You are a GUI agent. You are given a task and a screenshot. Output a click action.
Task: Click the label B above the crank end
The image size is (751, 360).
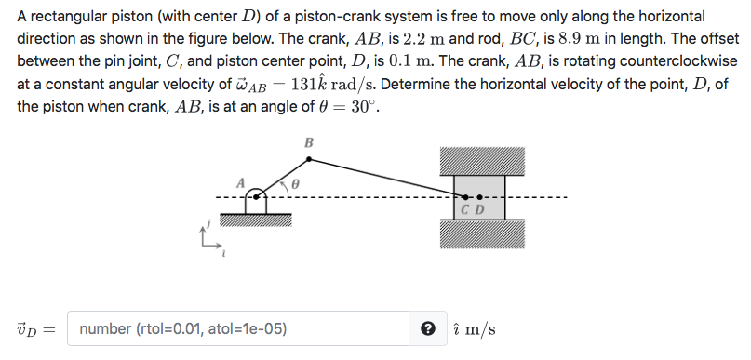click(309, 142)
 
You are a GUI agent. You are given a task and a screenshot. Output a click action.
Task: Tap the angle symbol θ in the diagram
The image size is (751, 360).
click(295, 185)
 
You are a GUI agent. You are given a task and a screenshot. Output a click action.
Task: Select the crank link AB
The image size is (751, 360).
click(285, 178)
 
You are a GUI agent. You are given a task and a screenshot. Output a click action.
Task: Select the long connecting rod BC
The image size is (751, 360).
click(386, 178)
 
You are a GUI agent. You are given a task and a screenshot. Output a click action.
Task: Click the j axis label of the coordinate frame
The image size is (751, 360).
click(210, 222)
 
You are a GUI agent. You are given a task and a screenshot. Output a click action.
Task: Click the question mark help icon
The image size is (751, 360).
click(427, 328)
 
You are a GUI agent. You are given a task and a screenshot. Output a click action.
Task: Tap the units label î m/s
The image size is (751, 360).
click(473, 329)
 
